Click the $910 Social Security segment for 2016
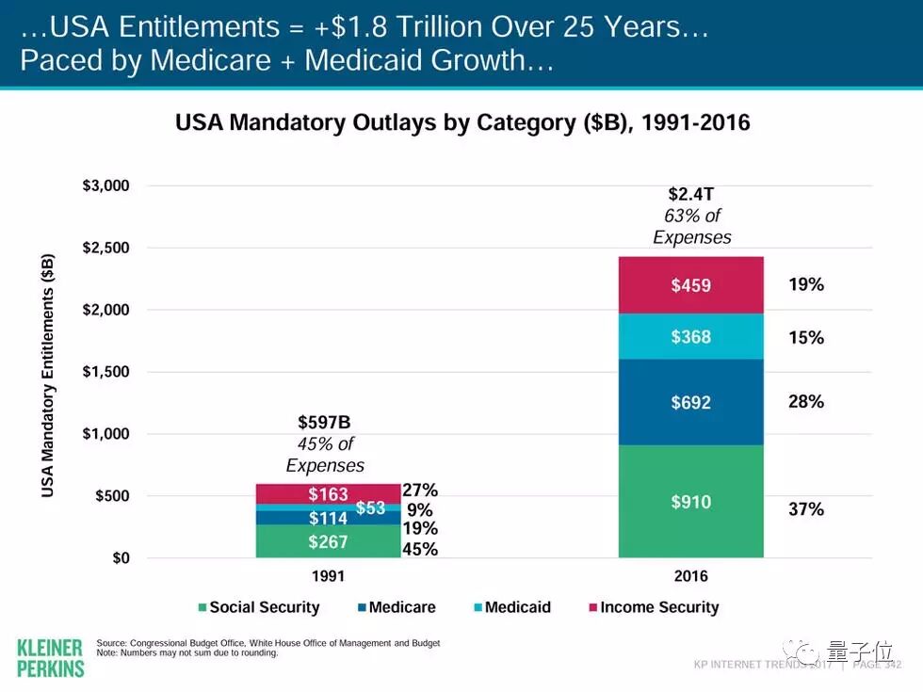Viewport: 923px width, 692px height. [690, 502]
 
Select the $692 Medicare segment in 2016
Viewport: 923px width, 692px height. [690, 403]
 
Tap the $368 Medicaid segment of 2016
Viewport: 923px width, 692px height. [690, 337]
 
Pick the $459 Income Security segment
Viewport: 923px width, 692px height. [690, 285]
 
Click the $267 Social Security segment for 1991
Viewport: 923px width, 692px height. [328, 541]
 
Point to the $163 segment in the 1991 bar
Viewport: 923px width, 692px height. [328, 493]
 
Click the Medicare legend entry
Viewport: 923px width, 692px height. [395, 607]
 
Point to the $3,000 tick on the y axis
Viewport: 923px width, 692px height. [105, 185]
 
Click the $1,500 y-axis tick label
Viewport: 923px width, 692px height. [105, 372]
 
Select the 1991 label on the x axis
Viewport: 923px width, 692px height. [328, 576]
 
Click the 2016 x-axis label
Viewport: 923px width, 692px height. [690, 576]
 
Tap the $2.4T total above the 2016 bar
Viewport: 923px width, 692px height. [691, 195]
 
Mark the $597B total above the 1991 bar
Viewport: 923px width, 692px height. [324, 423]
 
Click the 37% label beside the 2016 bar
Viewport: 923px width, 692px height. [805, 509]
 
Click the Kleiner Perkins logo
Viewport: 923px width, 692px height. [51, 656]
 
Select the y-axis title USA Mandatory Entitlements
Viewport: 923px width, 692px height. [48, 374]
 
